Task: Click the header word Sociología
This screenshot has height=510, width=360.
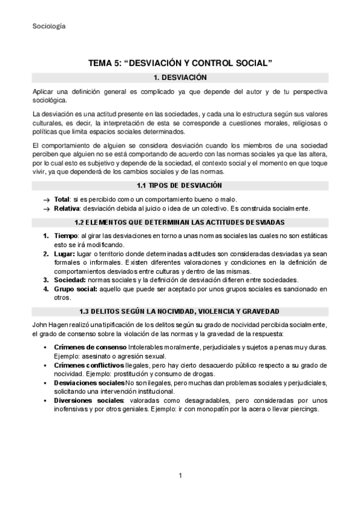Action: click(49, 26)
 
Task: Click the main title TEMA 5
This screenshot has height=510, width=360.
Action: click(180, 63)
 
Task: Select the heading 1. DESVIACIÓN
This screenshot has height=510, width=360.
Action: click(180, 78)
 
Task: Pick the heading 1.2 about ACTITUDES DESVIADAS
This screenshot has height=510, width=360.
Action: click(180, 223)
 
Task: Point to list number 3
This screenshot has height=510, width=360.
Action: click(46, 280)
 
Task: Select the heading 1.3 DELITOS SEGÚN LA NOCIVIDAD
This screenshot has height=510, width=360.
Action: click(180, 311)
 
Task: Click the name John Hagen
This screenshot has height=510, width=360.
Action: click(52, 325)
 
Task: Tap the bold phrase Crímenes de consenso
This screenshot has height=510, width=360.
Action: click(90, 348)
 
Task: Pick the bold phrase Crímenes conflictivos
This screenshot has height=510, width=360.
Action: click(91, 365)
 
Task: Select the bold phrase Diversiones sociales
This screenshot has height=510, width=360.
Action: click(87, 400)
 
